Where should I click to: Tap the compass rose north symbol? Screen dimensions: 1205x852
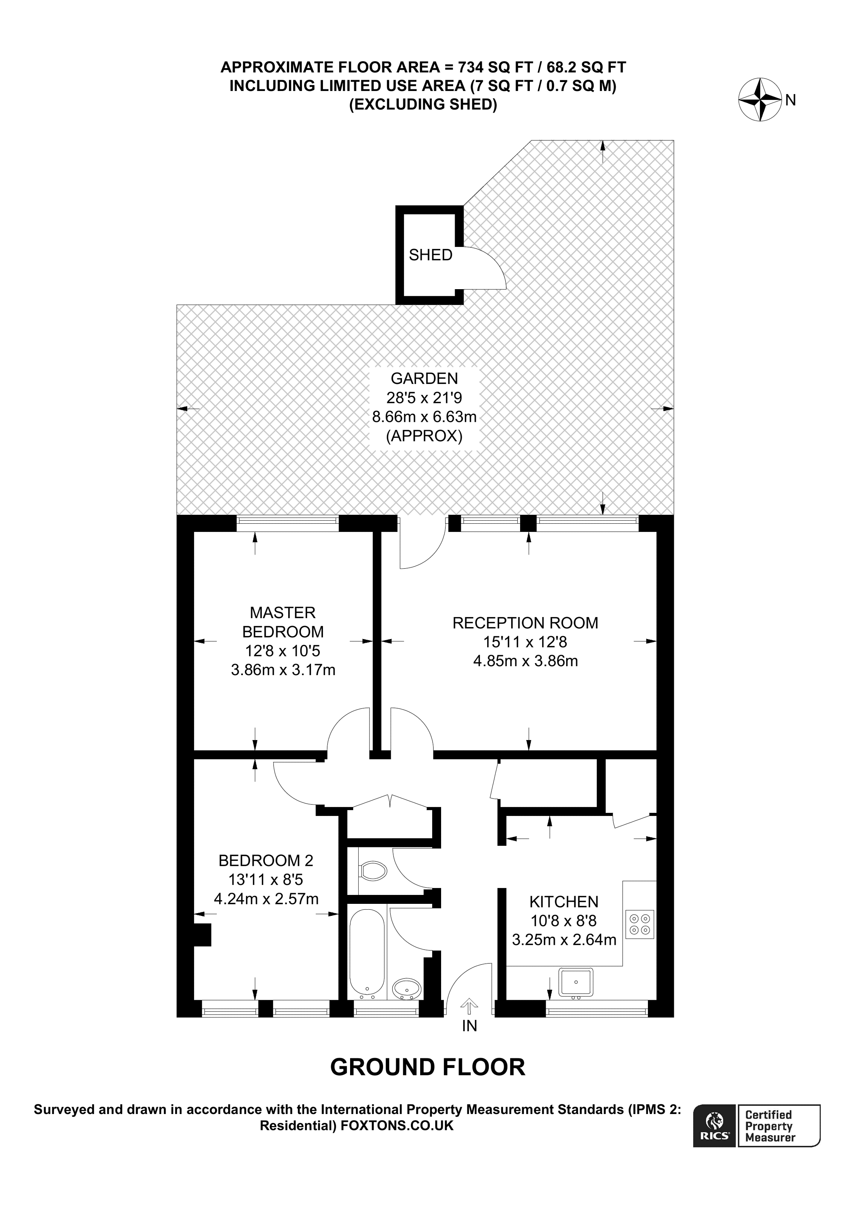tap(760, 99)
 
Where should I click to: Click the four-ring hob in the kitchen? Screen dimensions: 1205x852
tap(640, 924)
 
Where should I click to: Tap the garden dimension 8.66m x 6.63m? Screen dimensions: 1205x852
tap(424, 417)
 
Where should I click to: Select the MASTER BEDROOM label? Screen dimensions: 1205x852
tap(283, 622)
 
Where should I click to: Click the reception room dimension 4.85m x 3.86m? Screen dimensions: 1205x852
tap(526, 661)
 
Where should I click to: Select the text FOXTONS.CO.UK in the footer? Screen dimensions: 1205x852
tap(397, 1125)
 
